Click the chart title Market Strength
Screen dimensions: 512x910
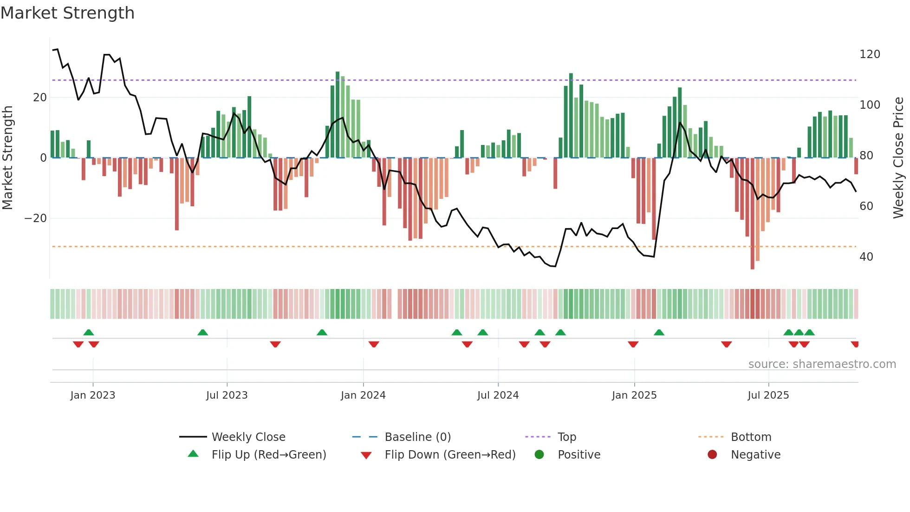(x=67, y=13)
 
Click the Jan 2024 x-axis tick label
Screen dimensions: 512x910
(x=363, y=395)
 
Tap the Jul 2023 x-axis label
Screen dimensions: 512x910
(x=227, y=395)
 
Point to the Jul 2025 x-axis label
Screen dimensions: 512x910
(x=768, y=395)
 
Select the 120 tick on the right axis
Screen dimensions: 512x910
(x=870, y=54)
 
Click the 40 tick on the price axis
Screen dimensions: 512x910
(x=866, y=257)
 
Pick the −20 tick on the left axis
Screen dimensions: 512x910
(x=36, y=218)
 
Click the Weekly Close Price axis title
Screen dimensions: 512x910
(x=898, y=158)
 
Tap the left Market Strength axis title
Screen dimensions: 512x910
(x=8, y=158)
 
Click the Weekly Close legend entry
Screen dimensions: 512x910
(x=248, y=437)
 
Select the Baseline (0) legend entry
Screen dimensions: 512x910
(x=417, y=437)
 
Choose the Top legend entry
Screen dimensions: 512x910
(x=566, y=437)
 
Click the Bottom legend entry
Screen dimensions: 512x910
(x=751, y=437)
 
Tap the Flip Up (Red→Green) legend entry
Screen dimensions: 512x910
(x=268, y=455)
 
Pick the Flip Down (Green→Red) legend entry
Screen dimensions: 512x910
(x=449, y=455)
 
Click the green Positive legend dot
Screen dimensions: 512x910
(x=539, y=454)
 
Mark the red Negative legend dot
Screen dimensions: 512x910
(x=712, y=454)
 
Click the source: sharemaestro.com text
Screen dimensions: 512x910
(x=822, y=364)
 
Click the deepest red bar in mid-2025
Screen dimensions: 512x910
(x=752, y=214)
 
